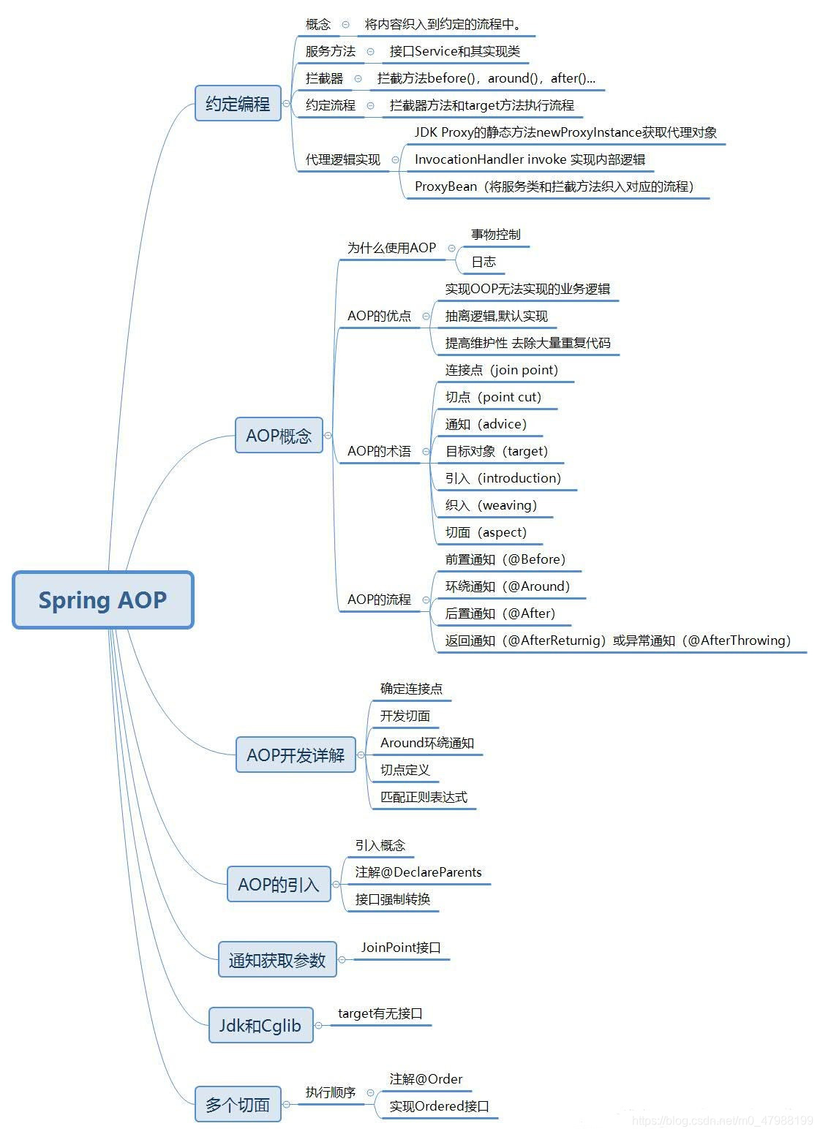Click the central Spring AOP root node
102,600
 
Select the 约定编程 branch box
238,104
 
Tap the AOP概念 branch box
279,436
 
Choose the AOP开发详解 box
296,755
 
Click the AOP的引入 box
279,885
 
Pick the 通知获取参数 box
277,960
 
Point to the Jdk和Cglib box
260,1026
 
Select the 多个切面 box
238,1105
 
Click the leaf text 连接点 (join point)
502,370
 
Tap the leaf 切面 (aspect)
486,532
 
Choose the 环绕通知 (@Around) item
508,586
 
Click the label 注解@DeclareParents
418,872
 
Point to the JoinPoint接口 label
401,948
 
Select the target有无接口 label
380,1014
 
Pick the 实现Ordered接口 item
439,1106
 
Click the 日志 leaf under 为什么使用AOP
484,262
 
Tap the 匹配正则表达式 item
424,797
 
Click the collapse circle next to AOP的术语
426,452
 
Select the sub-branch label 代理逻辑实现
343,159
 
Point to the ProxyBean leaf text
554,186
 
